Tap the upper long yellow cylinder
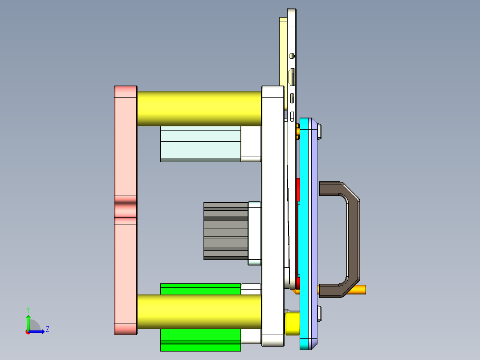[199, 109]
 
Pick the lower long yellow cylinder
[199, 311]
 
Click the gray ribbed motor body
[226, 230]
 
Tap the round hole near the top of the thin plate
[292, 56]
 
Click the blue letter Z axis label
[47, 329]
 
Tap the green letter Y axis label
[28, 309]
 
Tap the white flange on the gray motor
[254, 230]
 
